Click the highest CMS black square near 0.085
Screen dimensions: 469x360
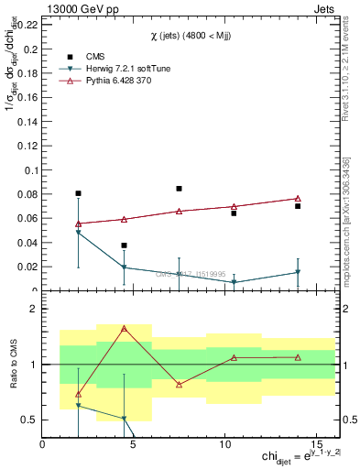[179, 189]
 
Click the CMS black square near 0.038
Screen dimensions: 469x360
[124, 245]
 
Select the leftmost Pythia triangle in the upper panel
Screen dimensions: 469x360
[79, 224]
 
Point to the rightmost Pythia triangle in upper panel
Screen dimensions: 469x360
[298, 199]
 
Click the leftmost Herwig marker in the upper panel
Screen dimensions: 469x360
[79, 233]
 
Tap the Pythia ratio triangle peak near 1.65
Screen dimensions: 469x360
[124, 328]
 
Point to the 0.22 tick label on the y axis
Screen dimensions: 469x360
[27, 26]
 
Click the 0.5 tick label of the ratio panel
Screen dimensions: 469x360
[30, 420]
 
